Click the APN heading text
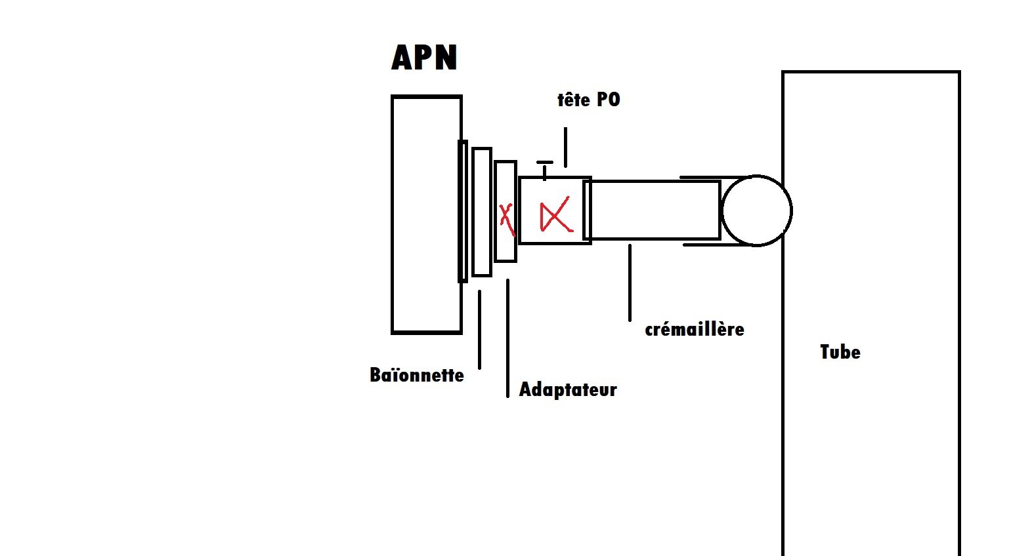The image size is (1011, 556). tap(424, 58)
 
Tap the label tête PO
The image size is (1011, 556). tap(588, 100)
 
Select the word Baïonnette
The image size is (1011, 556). tap(417, 375)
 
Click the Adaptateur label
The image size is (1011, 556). tap(568, 389)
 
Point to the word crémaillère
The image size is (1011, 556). tap(695, 329)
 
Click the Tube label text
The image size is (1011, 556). tap(840, 352)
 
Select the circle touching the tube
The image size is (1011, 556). tap(756, 210)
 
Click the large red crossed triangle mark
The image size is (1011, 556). tap(555, 216)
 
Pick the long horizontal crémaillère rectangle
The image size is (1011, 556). tap(654, 210)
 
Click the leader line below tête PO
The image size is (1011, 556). tap(565, 148)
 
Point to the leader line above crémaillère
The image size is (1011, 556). tap(630, 282)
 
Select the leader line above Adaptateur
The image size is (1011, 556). tap(507, 338)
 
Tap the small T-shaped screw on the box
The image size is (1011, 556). tap(544, 168)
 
